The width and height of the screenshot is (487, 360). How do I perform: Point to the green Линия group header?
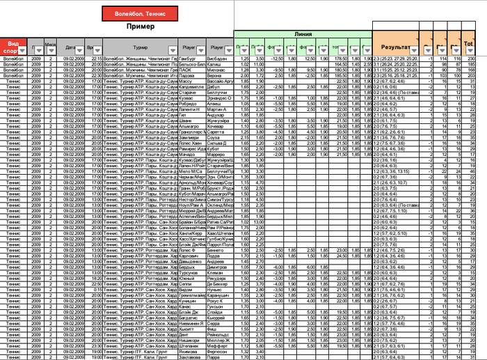coord(303,34)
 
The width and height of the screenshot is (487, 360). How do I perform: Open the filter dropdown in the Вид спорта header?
coord(23,51)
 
